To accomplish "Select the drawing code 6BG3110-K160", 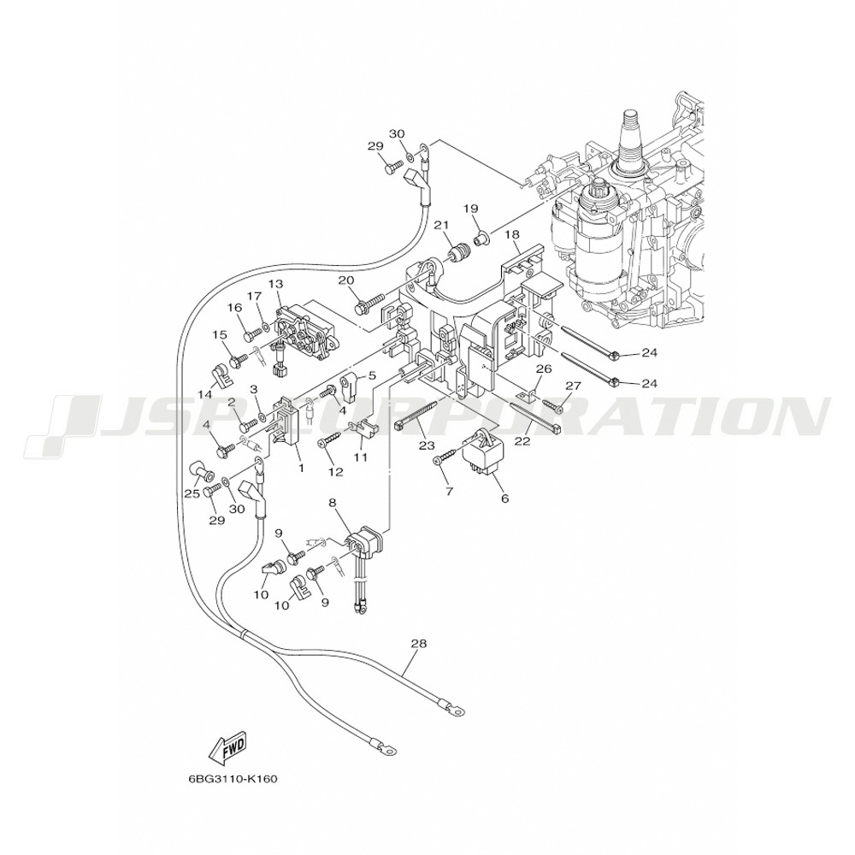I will tap(233, 779).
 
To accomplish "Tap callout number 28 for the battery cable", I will tap(417, 643).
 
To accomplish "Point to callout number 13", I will tap(274, 284).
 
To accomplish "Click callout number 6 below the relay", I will tap(504, 497).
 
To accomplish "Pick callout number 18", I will tap(512, 234).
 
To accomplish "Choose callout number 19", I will tap(470, 209).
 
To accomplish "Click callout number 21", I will tap(441, 226).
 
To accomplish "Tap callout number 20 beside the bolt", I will tap(345, 280).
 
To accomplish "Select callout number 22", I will tap(522, 441).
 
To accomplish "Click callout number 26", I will tap(543, 369).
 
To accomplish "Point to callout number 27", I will tap(572, 386).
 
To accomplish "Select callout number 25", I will tap(192, 493).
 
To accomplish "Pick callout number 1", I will tap(299, 468).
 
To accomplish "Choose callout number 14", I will tap(205, 394).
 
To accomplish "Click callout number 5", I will tap(372, 375).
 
